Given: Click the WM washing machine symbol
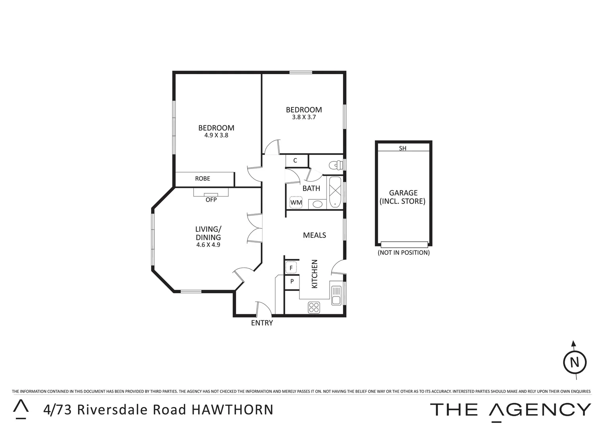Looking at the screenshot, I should pos(296,203).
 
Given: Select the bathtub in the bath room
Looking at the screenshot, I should pos(335,191).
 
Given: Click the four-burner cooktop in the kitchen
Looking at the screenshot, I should pos(314,307).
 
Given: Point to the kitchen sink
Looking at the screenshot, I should pos(336,295).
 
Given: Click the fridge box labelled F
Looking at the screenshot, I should pos(291,268).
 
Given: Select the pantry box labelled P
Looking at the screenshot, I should pos(292,281).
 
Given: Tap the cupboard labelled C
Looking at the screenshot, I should pos(295,160).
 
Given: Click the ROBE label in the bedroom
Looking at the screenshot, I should pos(202,179).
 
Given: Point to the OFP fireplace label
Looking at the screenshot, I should pos(211,200).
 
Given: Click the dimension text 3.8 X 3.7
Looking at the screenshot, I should pos(304,117).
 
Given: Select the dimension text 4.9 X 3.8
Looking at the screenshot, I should pos(216,135).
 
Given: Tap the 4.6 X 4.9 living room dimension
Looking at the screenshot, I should pos(208,245).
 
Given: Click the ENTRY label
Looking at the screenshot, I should pos(262,323).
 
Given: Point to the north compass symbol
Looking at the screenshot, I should pos(575,362).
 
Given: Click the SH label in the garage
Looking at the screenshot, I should pos(403,148).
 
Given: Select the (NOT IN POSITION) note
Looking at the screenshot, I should pos(403,252).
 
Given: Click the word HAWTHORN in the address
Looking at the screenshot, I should pos(233,410).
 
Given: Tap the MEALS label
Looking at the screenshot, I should pos(314,235).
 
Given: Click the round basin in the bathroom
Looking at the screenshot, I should pos(317,204).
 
